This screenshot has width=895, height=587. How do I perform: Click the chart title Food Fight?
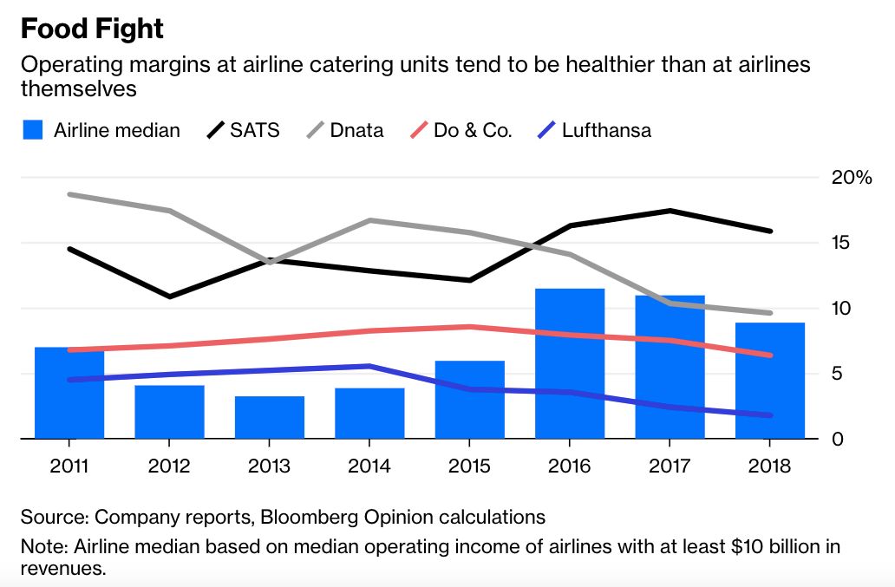coord(92,29)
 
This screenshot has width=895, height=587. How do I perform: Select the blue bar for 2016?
coord(570,364)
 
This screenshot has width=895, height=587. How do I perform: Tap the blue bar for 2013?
coord(269,417)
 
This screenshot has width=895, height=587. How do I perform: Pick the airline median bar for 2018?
coord(770,381)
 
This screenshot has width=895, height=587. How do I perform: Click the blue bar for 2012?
coord(169,412)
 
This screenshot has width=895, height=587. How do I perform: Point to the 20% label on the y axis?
coord(851,178)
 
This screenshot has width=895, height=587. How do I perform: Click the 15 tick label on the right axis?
coord(839,243)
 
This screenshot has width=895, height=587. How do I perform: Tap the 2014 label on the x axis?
coord(369,466)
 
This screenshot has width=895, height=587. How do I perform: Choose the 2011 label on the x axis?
coord(69,466)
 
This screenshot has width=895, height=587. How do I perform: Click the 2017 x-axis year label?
coord(670,466)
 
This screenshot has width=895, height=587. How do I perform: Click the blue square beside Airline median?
coord(32,131)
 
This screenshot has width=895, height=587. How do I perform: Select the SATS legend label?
coord(255,131)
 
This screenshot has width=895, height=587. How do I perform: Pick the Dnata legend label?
coord(357,131)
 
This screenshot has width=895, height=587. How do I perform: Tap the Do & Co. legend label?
coord(473,131)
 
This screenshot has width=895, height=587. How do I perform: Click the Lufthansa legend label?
coord(606,131)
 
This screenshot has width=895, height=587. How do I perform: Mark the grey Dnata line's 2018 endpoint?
coord(769,313)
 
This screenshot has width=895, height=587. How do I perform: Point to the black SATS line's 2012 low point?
coord(169,297)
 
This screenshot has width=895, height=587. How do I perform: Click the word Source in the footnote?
coord(51,518)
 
